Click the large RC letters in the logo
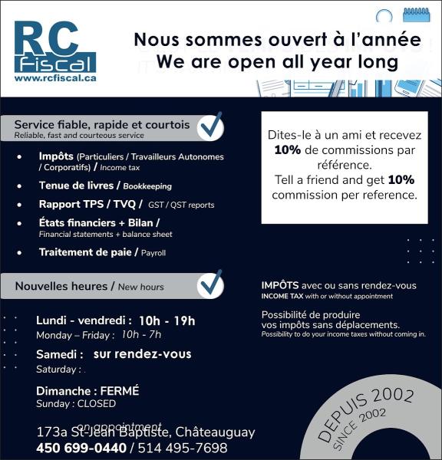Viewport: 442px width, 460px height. point(45,38)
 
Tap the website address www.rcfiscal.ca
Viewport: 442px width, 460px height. point(54,77)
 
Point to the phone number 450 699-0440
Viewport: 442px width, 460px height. point(81,448)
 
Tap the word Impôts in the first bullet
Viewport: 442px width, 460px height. point(56,156)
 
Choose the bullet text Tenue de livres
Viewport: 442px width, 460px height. point(76,186)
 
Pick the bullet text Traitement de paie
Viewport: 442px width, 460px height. point(86,251)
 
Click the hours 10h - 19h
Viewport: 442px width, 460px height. point(167,320)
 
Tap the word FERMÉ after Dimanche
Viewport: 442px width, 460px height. point(120,391)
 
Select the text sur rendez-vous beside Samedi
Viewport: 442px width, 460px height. point(142,354)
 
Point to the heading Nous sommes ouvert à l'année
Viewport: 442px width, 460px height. point(277,40)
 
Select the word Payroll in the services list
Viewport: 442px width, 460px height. point(153,252)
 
